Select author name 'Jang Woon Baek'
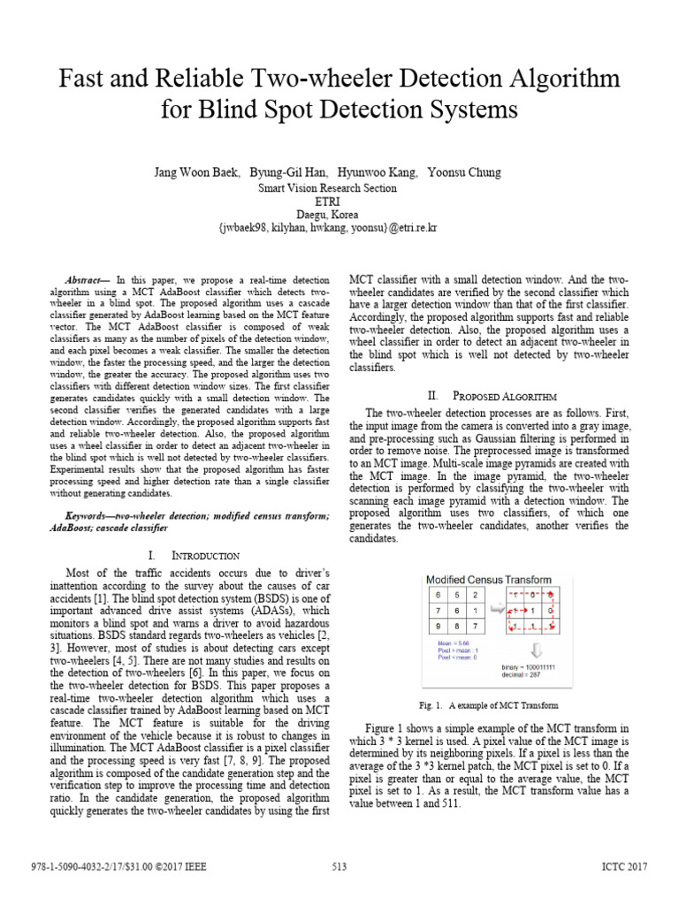(195, 172)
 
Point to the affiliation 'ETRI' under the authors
(339, 202)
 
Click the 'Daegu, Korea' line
(339, 215)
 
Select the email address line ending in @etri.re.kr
(339, 228)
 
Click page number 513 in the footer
(339, 867)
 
